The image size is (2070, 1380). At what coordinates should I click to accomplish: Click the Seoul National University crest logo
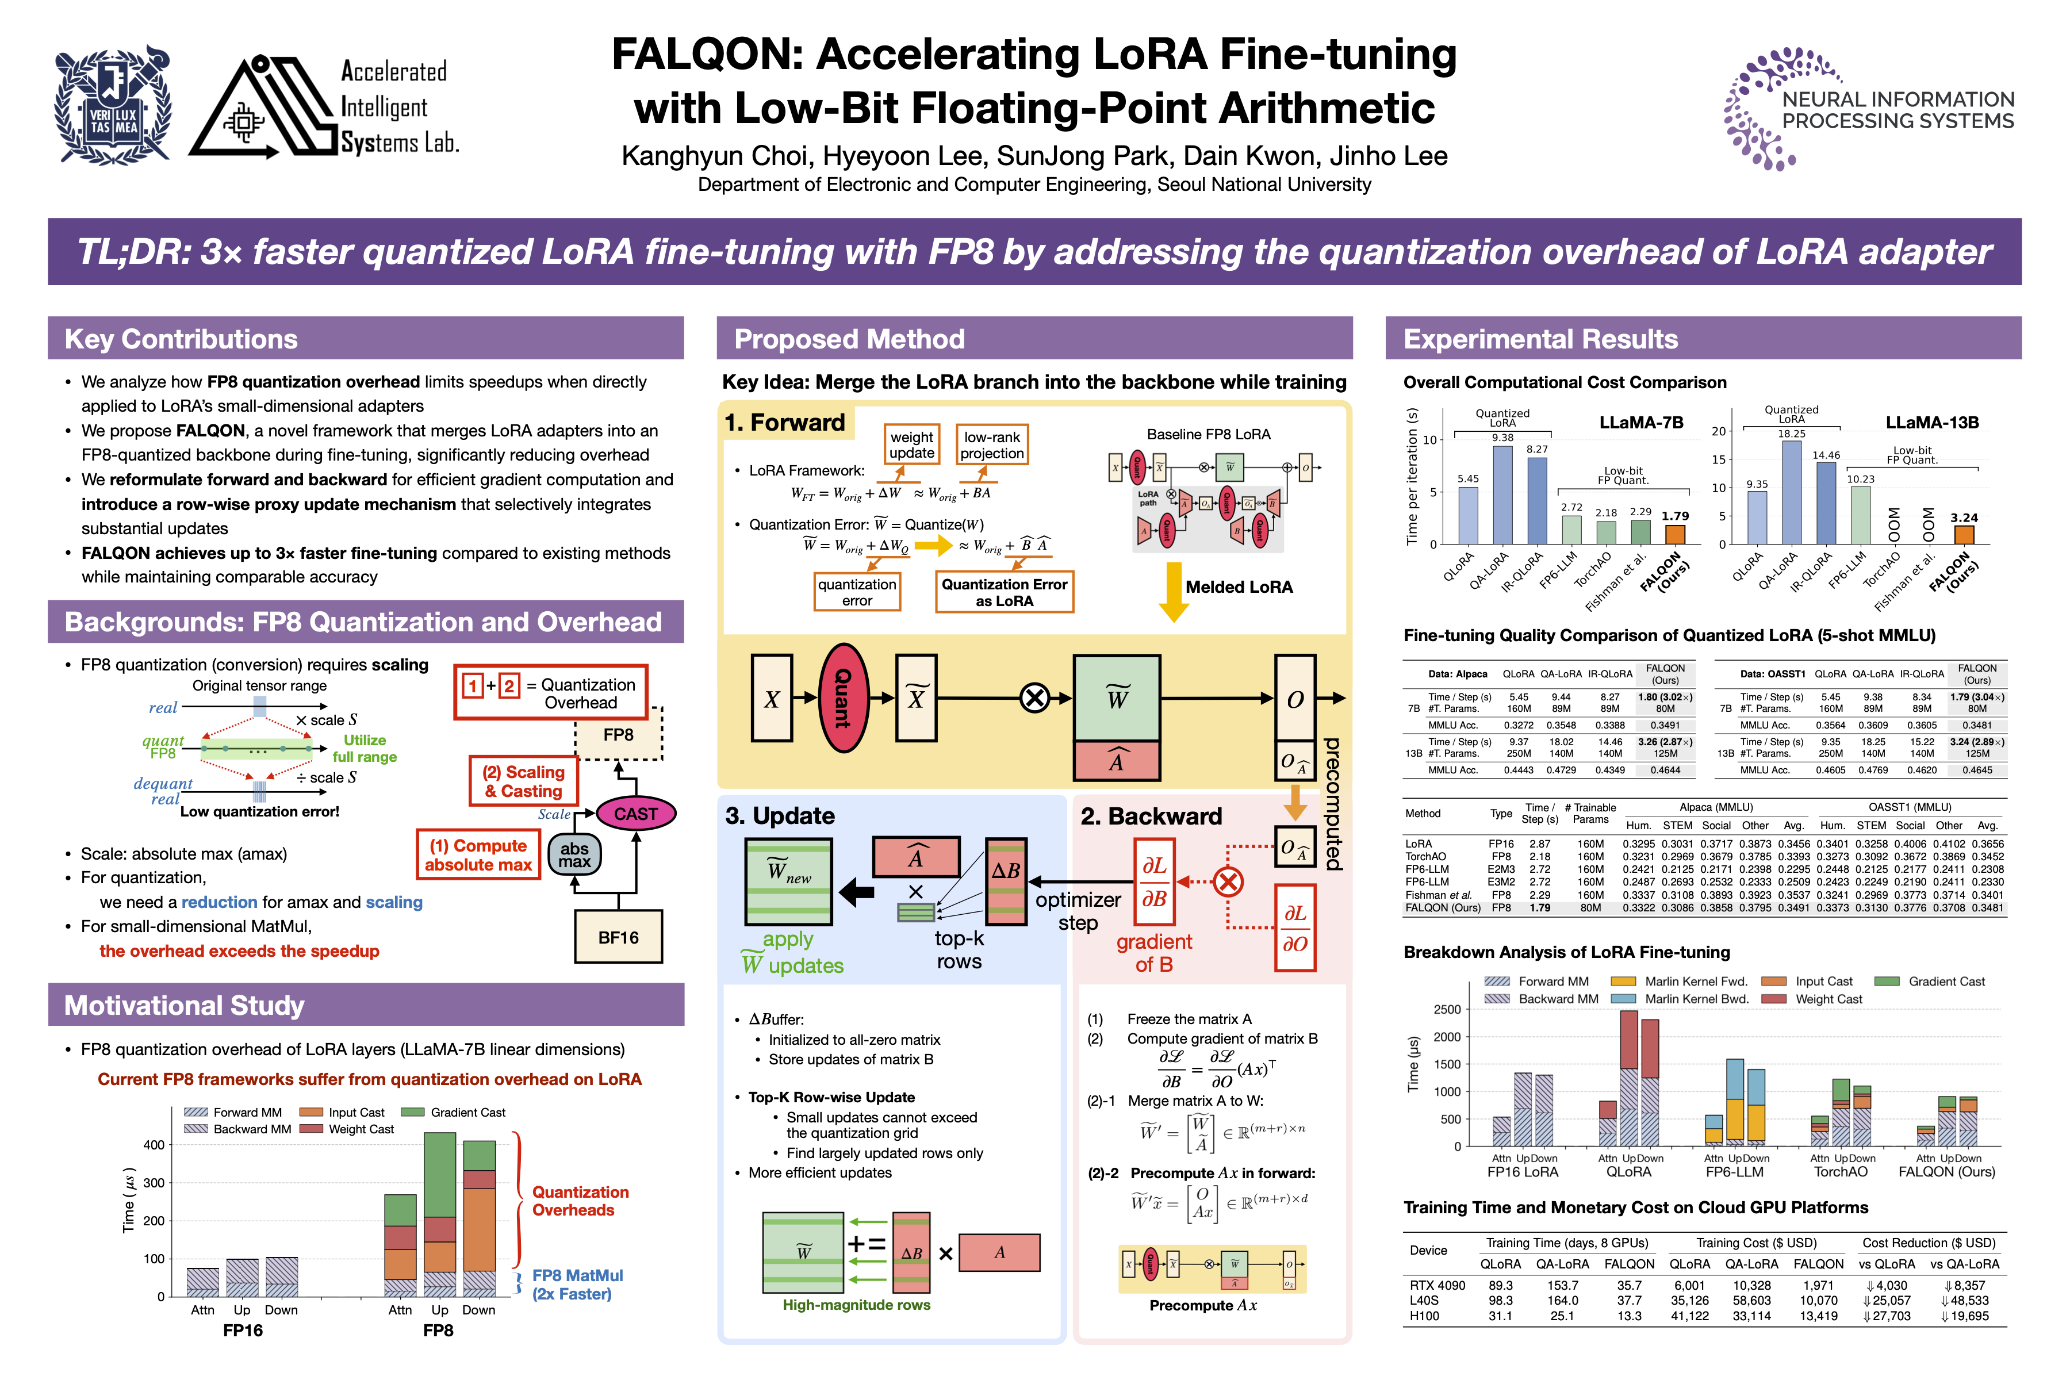click(x=113, y=106)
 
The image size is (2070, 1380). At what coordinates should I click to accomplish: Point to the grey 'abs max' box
click(x=574, y=854)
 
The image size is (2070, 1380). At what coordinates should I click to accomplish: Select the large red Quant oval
click(x=843, y=698)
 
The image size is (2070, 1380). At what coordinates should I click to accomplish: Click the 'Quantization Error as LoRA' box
click(x=1003, y=592)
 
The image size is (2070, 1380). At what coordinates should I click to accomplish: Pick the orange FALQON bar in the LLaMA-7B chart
click(x=1675, y=534)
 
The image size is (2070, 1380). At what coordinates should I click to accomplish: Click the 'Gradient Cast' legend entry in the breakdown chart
click(x=1945, y=982)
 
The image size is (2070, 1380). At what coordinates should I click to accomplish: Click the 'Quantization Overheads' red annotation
click(x=580, y=1201)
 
